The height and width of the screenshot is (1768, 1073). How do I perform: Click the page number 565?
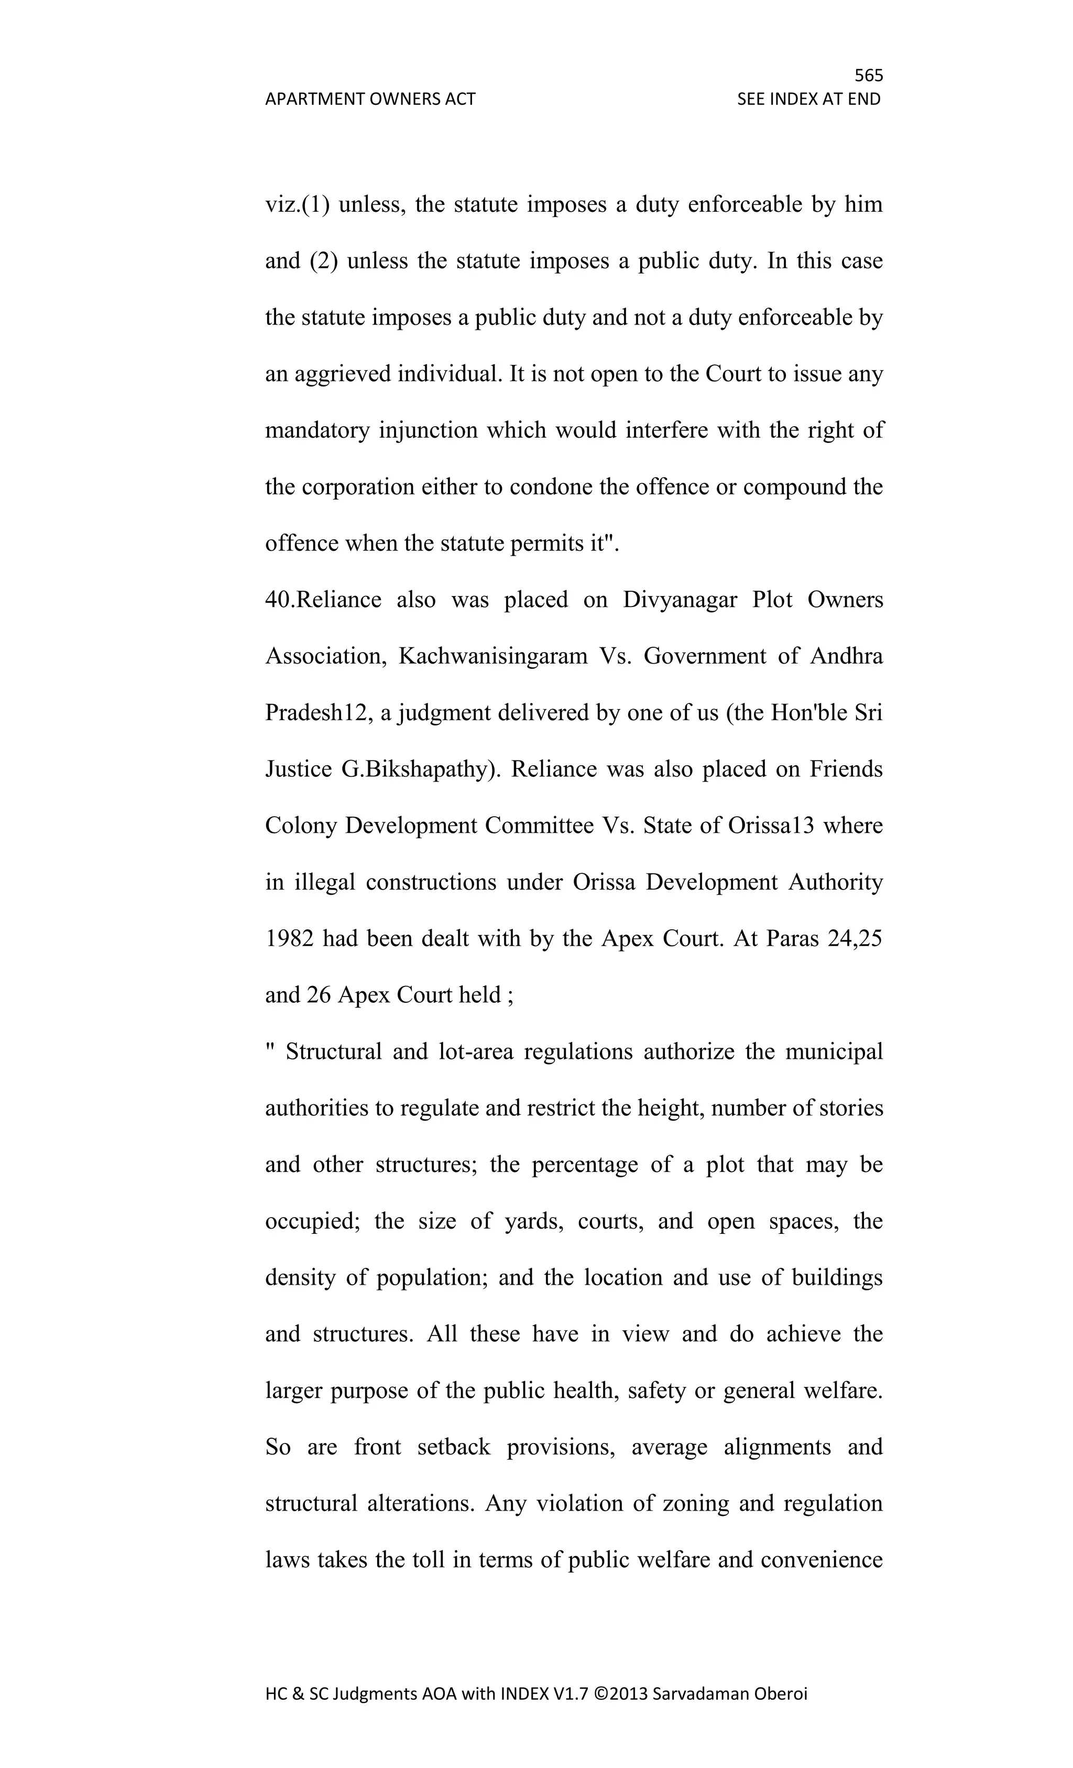[x=868, y=75]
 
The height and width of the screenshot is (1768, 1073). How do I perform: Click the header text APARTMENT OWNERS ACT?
[x=370, y=99]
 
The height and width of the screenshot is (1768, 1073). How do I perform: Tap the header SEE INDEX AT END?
[x=808, y=99]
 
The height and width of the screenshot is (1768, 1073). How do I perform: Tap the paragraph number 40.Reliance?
[x=323, y=599]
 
